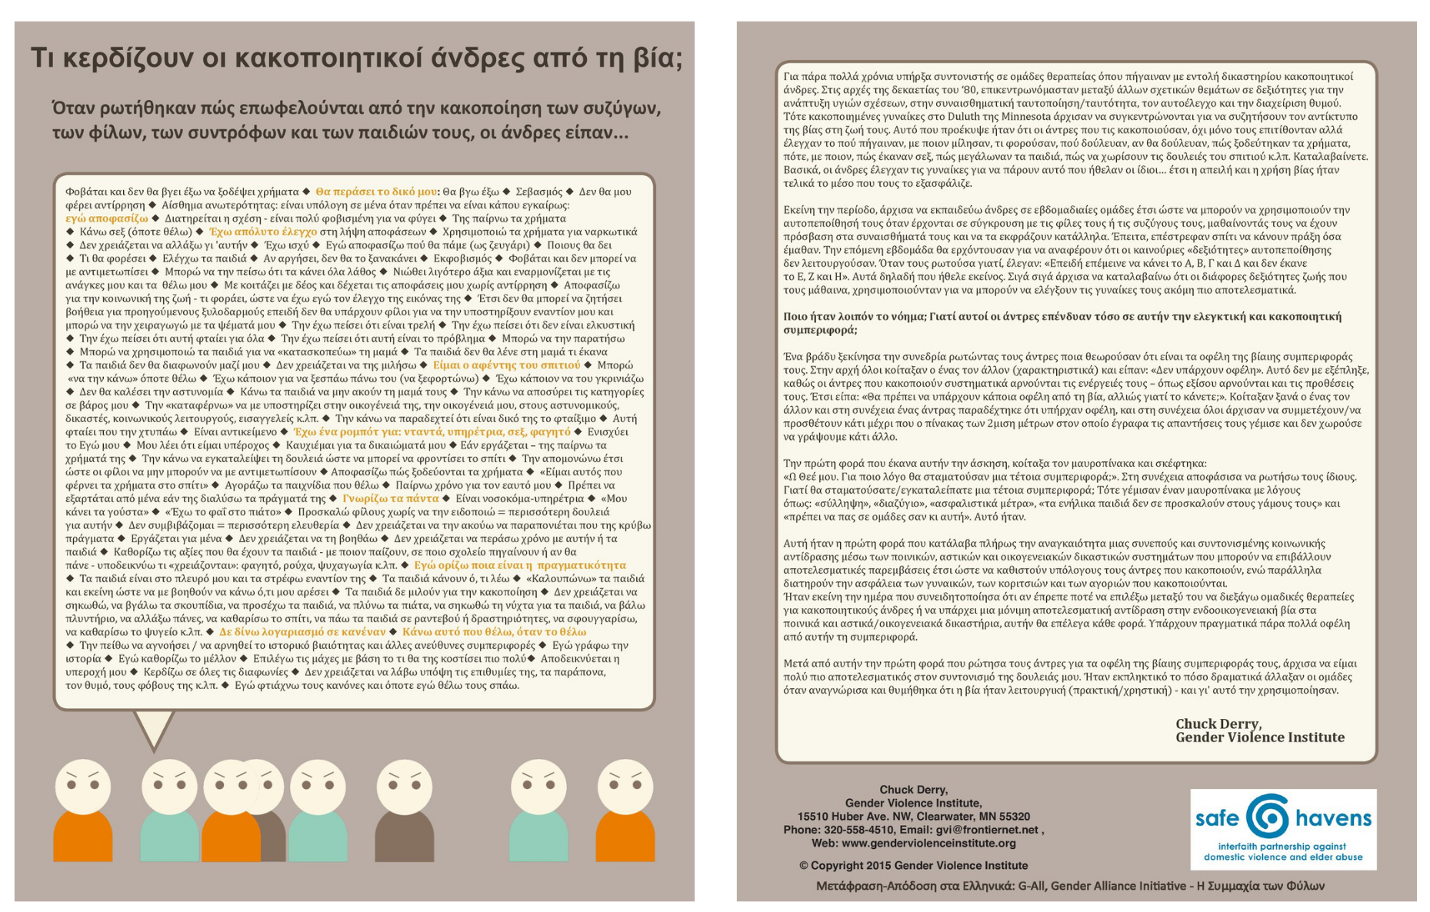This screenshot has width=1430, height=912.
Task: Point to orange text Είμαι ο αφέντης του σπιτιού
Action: coord(506,365)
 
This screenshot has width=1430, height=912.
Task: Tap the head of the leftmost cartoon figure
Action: coord(82,787)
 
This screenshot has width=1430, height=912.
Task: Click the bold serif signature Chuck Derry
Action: coord(1218,724)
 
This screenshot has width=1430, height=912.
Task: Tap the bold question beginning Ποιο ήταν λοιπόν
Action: coord(1062,323)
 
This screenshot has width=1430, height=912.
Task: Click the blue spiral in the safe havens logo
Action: coord(1267,817)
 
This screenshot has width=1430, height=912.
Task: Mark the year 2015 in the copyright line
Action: coord(877,865)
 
